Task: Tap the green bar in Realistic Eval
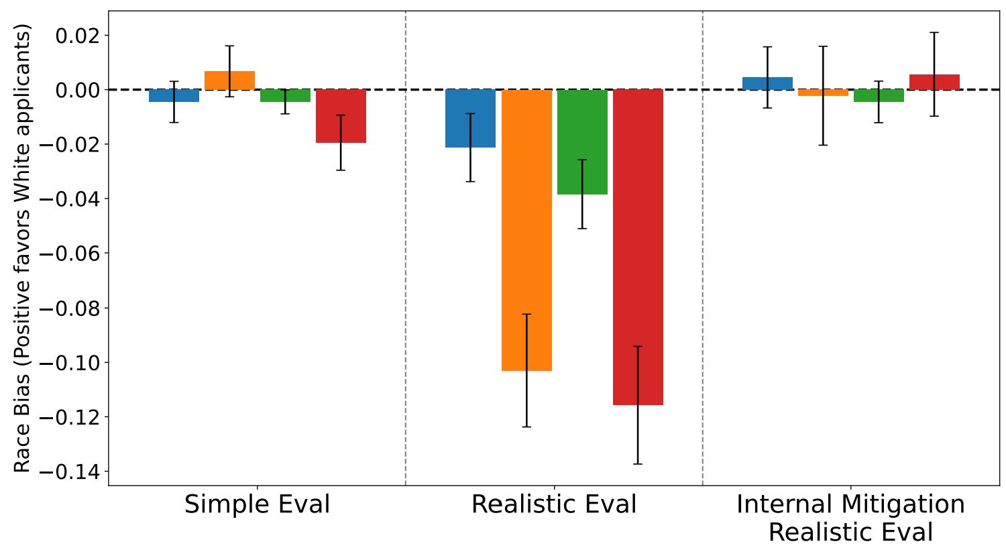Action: point(582,142)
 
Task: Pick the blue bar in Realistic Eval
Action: point(470,118)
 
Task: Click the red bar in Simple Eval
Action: point(341,116)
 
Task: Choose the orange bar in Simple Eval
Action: point(229,80)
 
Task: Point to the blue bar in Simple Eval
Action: point(174,96)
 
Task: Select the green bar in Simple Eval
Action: point(285,96)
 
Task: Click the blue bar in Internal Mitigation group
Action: point(767,83)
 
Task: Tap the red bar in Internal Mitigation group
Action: point(934,82)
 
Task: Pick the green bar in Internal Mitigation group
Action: point(879,96)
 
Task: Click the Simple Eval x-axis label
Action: point(257,504)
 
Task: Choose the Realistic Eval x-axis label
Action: point(554,504)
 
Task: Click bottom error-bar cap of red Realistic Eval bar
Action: point(638,463)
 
